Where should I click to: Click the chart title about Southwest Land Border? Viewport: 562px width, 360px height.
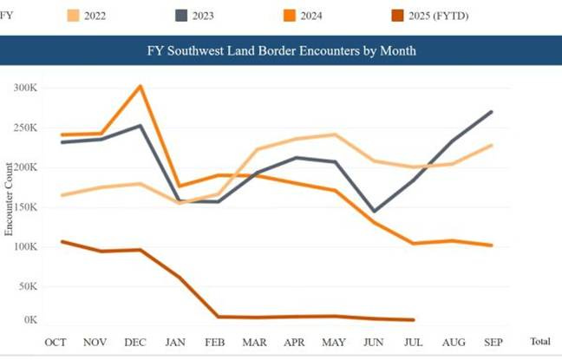[x=281, y=50]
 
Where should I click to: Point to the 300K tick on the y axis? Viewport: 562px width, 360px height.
[x=25, y=88]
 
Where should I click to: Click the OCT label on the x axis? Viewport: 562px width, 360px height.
[x=56, y=343]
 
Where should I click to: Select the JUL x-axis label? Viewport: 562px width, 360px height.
[x=414, y=343]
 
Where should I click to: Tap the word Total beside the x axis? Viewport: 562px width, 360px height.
[x=539, y=343]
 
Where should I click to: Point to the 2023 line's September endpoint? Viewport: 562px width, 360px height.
[x=492, y=111]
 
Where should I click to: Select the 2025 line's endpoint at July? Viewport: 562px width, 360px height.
[x=414, y=320]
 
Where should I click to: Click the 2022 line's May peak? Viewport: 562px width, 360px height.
[x=335, y=134]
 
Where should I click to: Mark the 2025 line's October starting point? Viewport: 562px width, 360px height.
[x=61, y=241]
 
